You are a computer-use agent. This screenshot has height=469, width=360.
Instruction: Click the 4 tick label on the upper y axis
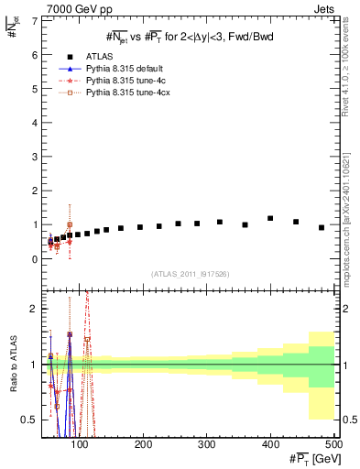pos(37,123)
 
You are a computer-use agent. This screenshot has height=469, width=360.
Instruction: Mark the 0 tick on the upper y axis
pos(37,259)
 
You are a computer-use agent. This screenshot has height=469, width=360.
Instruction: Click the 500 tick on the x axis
pos(333,445)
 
